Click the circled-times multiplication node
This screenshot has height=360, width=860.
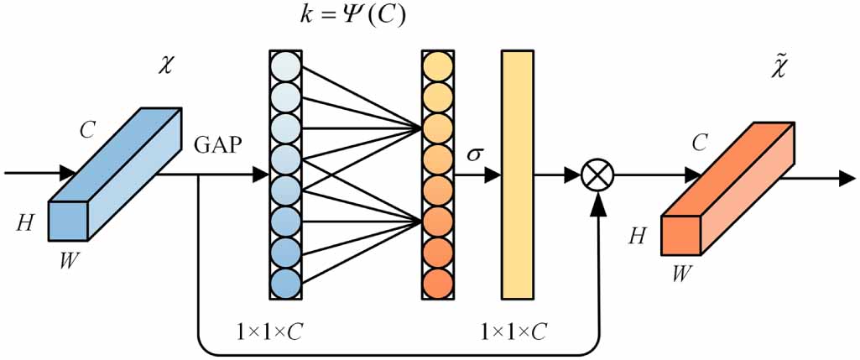coord(598,175)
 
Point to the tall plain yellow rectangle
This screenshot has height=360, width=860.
coord(518,175)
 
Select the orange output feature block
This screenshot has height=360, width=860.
coord(727,188)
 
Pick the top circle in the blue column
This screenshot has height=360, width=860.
coord(285,65)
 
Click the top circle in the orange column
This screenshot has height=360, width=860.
coord(437,65)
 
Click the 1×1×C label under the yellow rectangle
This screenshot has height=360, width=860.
coord(513,330)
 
